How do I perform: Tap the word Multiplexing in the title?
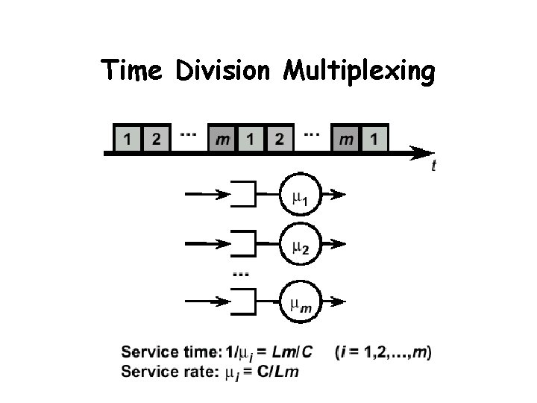click(358, 73)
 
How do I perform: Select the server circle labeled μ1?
click(300, 196)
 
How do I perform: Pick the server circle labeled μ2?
click(300, 243)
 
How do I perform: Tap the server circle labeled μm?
click(300, 302)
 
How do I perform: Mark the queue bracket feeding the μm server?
click(245, 302)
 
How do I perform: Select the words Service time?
click(171, 352)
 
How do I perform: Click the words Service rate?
click(169, 372)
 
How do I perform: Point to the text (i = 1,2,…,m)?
click(384, 352)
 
